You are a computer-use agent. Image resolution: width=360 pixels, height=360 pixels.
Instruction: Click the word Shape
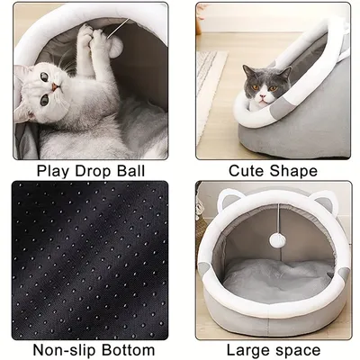click(296, 170)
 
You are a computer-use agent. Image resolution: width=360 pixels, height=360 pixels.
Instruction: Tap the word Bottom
click(129, 349)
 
